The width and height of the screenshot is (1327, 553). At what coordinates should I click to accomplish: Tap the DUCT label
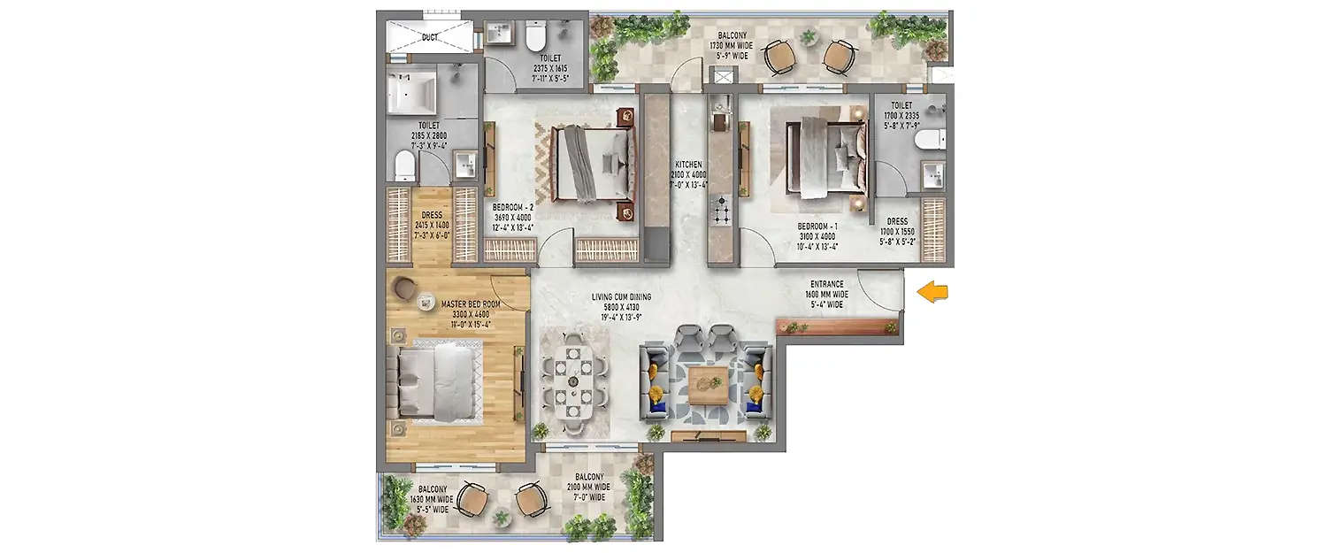(429, 37)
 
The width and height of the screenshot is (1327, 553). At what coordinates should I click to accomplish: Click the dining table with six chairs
(572, 380)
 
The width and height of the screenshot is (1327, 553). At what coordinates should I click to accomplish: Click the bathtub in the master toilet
(411, 92)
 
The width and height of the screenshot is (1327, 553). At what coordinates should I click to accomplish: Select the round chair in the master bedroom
(405, 288)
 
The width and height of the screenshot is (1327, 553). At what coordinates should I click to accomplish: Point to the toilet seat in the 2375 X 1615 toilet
(534, 36)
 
